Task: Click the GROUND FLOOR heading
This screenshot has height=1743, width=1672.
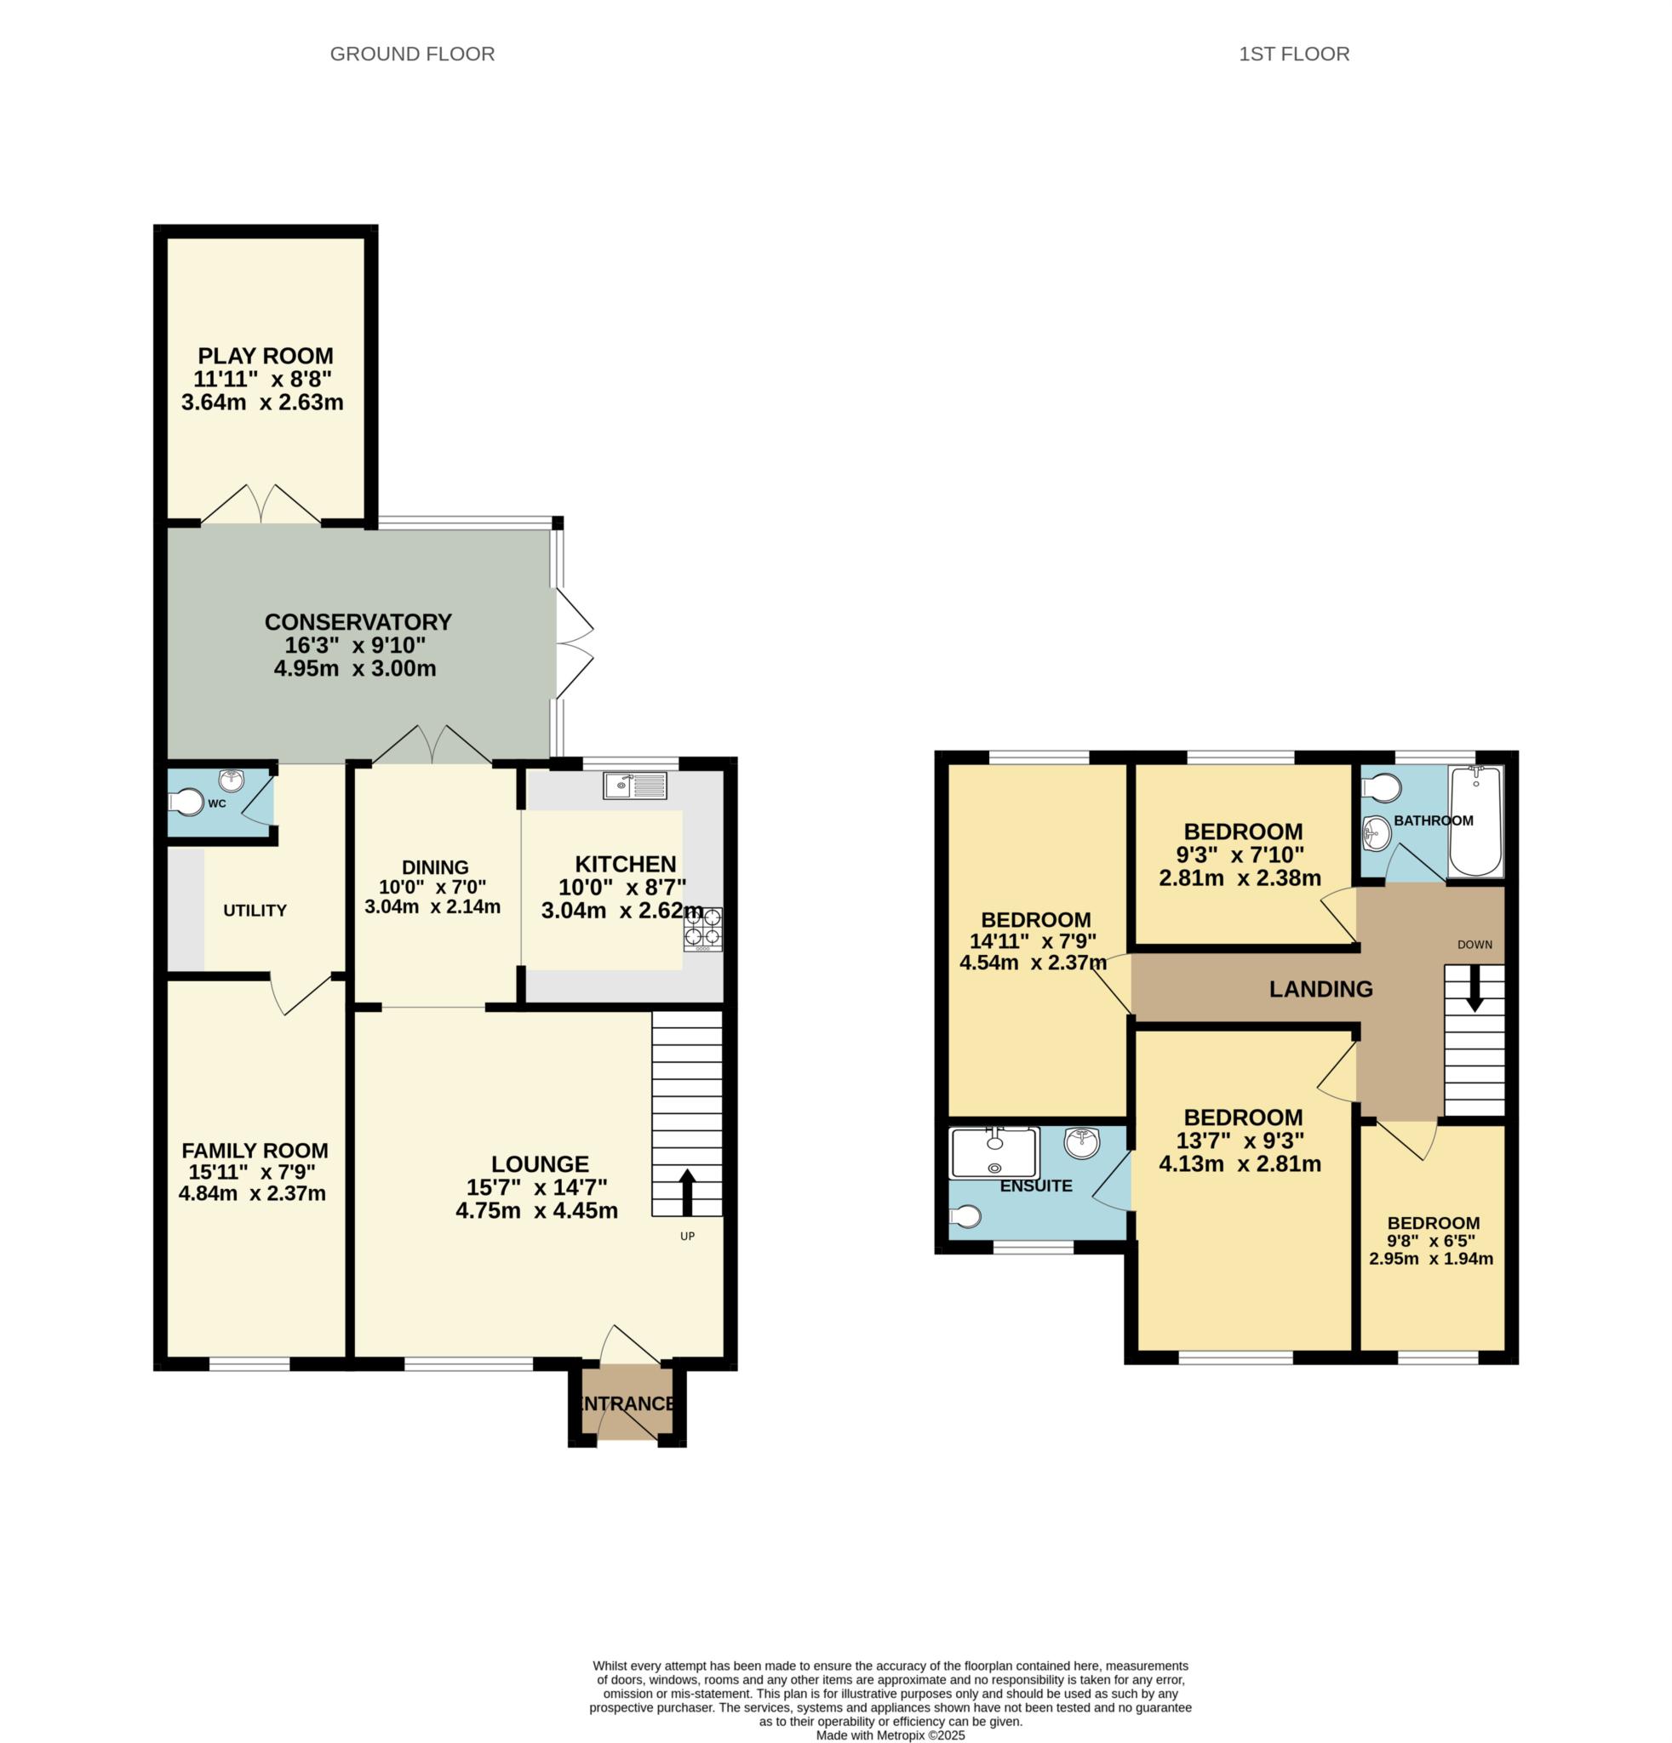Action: coord(412,54)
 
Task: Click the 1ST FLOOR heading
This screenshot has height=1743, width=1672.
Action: coord(1293,54)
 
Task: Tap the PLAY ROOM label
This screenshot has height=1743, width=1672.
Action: coord(265,356)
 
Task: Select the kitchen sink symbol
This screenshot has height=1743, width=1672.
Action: coord(634,786)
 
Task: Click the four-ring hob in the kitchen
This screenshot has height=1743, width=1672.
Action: coord(702,929)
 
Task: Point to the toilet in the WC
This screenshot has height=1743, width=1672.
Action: coord(186,803)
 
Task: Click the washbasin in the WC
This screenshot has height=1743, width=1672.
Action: coord(232,780)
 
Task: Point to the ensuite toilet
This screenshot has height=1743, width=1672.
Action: coord(965,1215)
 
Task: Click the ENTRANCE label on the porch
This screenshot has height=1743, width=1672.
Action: coord(627,1403)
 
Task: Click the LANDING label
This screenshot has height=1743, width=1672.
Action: coord(1320,988)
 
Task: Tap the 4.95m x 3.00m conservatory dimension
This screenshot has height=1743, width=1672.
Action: coord(355,669)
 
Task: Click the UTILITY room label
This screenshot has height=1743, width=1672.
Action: coord(255,911)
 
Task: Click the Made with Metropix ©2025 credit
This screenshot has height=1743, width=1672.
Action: coord(890,1735)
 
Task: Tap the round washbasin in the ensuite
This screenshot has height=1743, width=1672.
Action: coord(1081,1144)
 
